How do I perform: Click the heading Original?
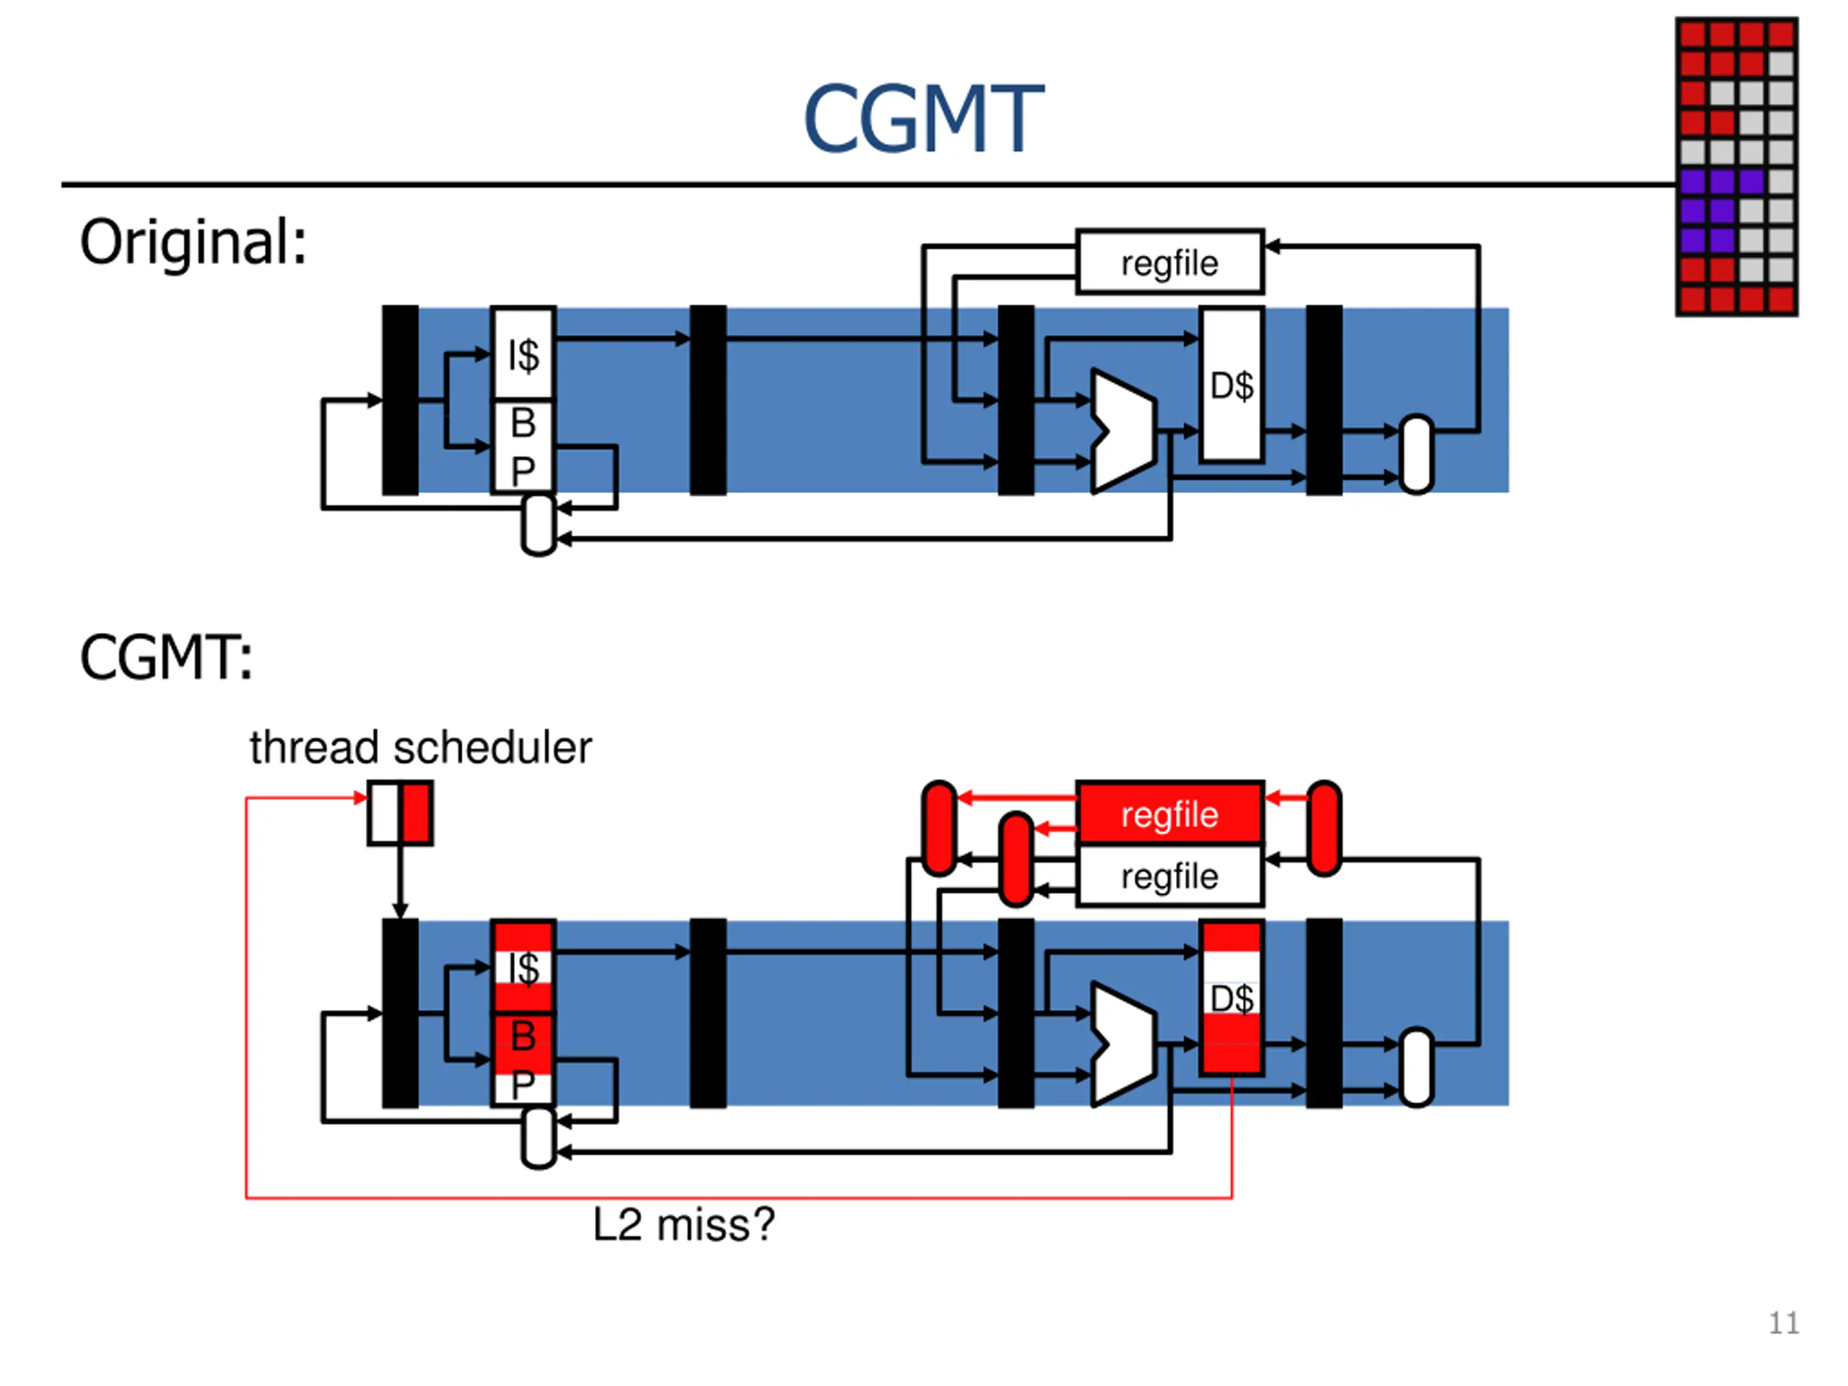pos(193,243)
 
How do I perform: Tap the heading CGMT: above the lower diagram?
pos(166,658)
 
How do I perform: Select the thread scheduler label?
pos(420,747)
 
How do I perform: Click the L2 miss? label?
pos(684,1225)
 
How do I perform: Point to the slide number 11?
pos(1784,1323)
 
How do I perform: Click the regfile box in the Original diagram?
pos(1169,262)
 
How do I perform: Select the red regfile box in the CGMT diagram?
pos(1169,813)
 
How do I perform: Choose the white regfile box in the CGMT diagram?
pos(1169,876)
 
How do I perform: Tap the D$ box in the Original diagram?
pos(1232,384)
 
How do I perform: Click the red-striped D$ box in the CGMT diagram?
pos(1232,998)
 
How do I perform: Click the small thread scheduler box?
pos(400,813)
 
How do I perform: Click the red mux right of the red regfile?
pos(1324,828)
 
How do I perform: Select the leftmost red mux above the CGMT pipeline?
pos(940,828)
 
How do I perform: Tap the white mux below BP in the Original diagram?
pos(539,525)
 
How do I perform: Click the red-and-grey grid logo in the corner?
pos(1737,166)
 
